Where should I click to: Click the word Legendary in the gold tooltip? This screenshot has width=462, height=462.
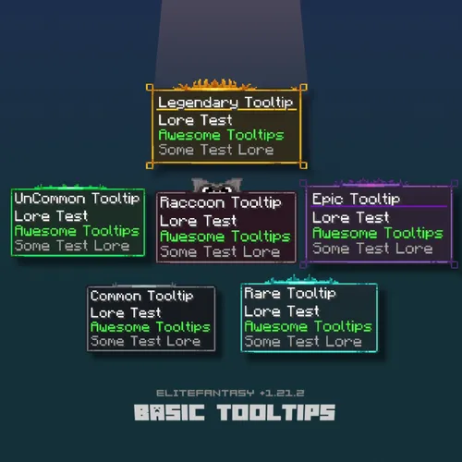tap(198, 103)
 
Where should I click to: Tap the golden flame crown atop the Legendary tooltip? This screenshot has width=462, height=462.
tap(214, 85)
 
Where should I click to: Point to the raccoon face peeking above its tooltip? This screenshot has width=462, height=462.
tap(217, 185)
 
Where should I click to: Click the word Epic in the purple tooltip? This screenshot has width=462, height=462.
tap(327, 200)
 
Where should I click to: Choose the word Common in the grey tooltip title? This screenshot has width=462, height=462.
tap(115, 296)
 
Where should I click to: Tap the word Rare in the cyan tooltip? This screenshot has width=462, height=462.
tap(262, 293)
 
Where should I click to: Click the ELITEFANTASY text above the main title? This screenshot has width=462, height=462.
tap(205, 393)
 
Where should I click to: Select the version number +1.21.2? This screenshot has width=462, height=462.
tap(282, 393)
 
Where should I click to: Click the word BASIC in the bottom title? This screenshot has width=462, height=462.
tap(169, 412)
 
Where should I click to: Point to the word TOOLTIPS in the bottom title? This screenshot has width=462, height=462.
tap(276, 412)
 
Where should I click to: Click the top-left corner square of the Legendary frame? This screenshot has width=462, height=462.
tap(150, 88)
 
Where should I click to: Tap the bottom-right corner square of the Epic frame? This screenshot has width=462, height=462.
tap(454, 264)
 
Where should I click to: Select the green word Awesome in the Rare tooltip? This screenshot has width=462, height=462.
tap(276, 326)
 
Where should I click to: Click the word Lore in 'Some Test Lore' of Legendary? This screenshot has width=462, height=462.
tap(256, 150)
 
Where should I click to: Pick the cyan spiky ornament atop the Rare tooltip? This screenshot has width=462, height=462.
tap(301, 280)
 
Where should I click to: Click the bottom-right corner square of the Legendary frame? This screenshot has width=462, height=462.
tap(303, 165)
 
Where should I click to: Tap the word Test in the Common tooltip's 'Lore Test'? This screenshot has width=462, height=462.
tap(146, 313)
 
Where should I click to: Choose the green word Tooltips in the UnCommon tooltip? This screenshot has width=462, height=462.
tap(112, 231)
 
